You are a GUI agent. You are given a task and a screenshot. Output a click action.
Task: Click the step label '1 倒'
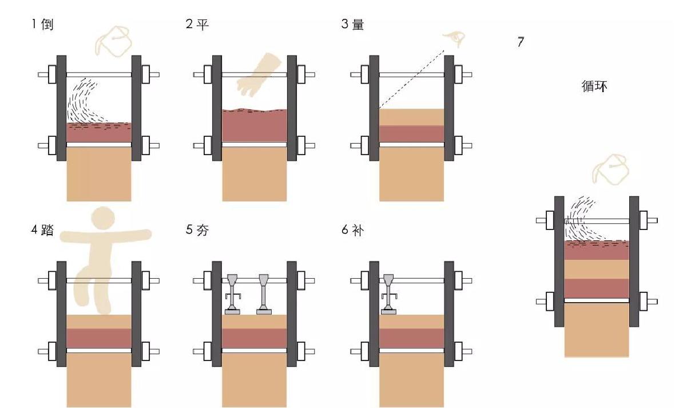pos(42,24)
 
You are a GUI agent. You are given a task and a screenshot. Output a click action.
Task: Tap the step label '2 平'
pos(197,24)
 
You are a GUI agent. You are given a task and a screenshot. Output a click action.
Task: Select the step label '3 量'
pos(352,24)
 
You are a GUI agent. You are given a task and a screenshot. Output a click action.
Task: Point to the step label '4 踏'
pos(42,230)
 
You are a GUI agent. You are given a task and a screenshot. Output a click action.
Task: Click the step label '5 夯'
pos(197,230)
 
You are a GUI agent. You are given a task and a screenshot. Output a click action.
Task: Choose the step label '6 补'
pos(352,230)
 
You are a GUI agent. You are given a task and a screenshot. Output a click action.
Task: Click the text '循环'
pos(594,86)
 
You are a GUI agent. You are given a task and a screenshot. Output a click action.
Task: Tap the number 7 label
pos(521,42)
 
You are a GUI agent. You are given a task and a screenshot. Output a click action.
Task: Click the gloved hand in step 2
pos(259,74)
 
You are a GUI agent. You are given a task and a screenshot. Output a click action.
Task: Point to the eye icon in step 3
pos(455,38)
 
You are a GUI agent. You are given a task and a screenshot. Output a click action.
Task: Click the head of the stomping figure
pos(103,219)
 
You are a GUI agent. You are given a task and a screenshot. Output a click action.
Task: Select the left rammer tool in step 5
pos(233,294)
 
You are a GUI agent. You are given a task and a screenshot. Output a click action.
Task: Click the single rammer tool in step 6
pos(388,294)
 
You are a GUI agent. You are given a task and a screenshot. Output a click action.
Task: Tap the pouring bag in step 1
pos(113,42)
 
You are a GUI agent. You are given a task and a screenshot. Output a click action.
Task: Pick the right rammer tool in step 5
pos(264,294)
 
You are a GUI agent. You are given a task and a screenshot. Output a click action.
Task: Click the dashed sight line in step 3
pos(411,79)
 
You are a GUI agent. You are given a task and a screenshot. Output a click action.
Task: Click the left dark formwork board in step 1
pos(62,108)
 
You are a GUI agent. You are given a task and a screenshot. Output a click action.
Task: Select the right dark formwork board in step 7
pos(634,262)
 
